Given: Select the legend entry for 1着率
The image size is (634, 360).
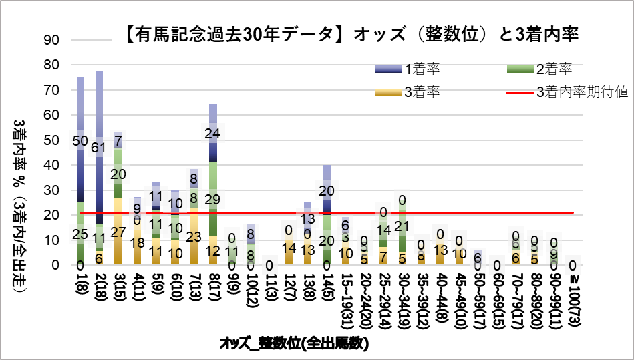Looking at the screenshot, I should [422, 69].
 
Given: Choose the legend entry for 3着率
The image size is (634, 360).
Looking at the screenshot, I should [422, 92].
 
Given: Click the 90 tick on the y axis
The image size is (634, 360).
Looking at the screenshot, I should [53, 40].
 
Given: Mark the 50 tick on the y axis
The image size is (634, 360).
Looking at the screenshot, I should [53, 140].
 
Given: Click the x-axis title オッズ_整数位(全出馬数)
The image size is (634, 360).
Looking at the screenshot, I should [294, 344].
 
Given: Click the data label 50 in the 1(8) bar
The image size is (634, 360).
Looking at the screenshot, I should [80, 141].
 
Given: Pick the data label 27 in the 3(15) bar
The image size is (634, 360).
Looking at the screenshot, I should [118, 232].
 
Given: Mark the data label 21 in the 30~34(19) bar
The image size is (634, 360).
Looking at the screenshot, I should [402, 226].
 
